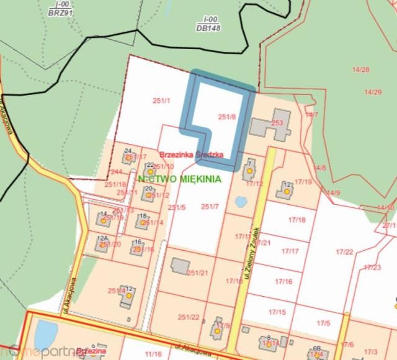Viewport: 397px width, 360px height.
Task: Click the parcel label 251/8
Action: point(227,116)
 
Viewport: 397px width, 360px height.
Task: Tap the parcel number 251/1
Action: point(161,100)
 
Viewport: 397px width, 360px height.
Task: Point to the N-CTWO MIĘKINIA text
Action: point(181,179)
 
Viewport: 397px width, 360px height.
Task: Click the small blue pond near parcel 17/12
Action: point(241,202)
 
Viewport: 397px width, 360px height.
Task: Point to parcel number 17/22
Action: point(344,251)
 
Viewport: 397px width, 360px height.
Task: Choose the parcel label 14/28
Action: point(360,70)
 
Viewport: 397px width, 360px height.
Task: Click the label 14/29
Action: point(373,92)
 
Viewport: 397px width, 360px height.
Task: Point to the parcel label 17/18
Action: point(297,220)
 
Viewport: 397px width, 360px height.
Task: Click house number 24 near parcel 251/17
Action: point(127,151)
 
